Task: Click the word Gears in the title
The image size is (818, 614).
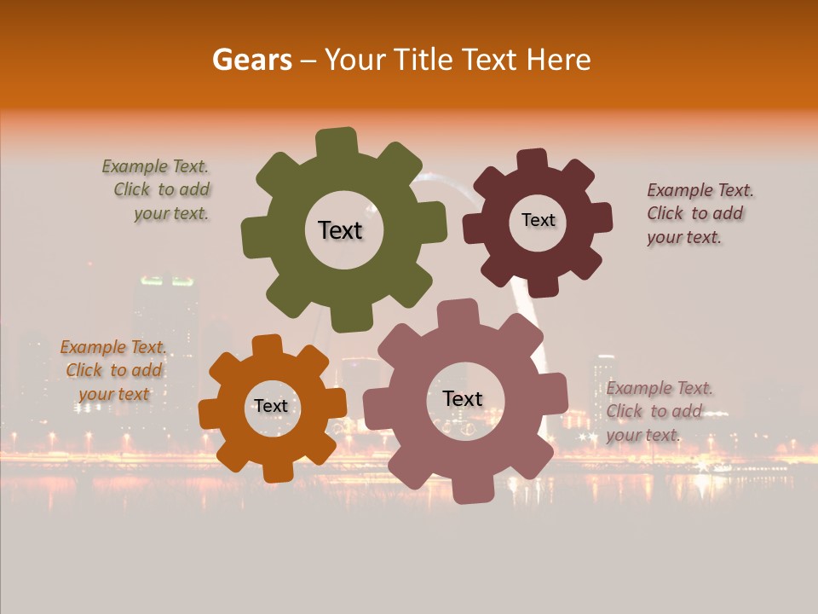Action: [251, 60]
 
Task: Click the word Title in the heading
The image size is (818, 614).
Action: [422, 60]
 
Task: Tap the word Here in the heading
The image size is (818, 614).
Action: [558, 60]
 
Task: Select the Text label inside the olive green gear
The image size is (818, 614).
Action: [340, 230]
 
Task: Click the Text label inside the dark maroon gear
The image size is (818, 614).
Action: [538, 220]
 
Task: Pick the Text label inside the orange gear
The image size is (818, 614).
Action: [271, 406]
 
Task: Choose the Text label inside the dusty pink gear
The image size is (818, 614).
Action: [463, 398]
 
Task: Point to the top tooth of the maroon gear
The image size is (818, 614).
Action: [532, 159]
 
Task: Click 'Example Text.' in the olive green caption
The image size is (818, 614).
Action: [155, 166]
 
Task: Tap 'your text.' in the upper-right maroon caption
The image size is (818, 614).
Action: [683, 238]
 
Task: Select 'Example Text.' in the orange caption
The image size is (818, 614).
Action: [113, 347]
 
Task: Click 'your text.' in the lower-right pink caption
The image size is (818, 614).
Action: [643, 435]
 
